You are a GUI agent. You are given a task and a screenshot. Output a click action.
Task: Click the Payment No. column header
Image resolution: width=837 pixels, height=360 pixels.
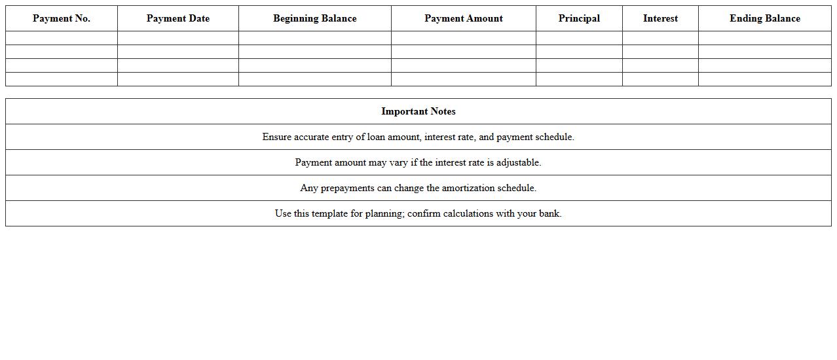(x=62, y=18)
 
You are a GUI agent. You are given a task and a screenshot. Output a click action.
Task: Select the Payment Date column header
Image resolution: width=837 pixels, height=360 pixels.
(x=178, y=18)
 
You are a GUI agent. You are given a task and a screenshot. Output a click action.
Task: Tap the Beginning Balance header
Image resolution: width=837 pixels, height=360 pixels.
(x=315, y=18)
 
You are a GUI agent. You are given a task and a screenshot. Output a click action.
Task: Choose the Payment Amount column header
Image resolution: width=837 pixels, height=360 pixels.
(x=464, y=18)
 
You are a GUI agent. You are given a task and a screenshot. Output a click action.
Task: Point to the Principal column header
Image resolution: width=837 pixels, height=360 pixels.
(x=579, y=18)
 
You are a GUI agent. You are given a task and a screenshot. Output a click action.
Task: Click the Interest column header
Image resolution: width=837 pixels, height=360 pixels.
(x=660, y=18)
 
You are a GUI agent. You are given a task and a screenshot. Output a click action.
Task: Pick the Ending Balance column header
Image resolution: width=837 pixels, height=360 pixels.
(x=765, y=18)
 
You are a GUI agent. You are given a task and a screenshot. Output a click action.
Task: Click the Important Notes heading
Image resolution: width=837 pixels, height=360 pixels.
(x=418, y=111)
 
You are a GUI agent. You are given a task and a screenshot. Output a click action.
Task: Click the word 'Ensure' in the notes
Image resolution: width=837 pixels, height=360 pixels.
(x=277, y=137)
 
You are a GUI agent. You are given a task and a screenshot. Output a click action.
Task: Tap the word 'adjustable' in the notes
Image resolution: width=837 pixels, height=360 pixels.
(x=517, y=162)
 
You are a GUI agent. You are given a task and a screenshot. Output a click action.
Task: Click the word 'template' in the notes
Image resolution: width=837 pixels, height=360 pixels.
(x=329, y=213)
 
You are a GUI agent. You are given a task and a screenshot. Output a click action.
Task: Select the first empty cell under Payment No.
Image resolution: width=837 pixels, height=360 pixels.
(x=62, y=38)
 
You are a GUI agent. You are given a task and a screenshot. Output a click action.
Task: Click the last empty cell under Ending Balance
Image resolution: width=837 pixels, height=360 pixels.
(x=765, y=79)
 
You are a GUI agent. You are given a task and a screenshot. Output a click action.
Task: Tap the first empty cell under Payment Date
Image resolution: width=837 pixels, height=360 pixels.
(x=178, y=38)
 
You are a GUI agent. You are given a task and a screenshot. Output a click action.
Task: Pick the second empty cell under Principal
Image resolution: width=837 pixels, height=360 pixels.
(x=579, y=52)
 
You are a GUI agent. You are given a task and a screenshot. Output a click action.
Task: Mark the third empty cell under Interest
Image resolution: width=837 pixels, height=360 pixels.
(x=660, y=65)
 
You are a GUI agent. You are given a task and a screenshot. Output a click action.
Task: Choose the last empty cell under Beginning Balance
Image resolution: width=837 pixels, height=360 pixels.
(x=315, y=79)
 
